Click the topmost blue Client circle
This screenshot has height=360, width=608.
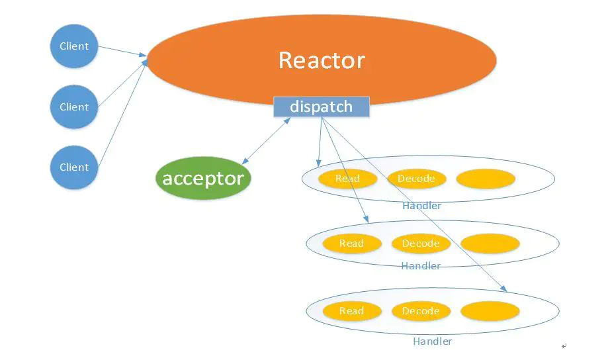pyautogui.click(x=74, y=46)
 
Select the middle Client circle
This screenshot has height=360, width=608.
pyautogui.click(x=74, y=107)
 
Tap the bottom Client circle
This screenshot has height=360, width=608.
pyautogui.click(x=74, y=167)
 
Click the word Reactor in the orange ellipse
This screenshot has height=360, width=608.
pyautogui.click(x=322, y=60)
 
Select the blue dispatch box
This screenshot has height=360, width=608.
pyautogui.click(x=321, y=107)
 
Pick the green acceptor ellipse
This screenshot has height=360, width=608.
pyautogui.click(x=203, y=178)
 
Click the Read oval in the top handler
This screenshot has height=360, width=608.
pyautogui.click(x=347, y=179)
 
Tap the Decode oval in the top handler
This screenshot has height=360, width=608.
pyautogui.click(x=416, y=179)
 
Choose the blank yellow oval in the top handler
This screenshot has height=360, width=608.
pyautogui.click(x=486, y=179)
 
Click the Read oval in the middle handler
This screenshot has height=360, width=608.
pyautogui.click(x=351, y=244)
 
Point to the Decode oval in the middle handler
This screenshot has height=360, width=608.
pyautogui.click(x=421, y=244)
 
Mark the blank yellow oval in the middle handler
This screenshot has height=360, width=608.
pyautogui.click(x=490, y=244)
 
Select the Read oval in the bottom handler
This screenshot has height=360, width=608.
pyautogui.click(x=351, y=311)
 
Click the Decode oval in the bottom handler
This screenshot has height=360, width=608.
pyautogui.click(x=421, y=311)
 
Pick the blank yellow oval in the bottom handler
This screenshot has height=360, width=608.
pyautogui.click(x=490, y=311)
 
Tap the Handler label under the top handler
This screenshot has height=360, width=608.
pyautogui.click(x=421, y=206)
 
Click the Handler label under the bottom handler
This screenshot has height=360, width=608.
pyautogui.click(x=432, y=341)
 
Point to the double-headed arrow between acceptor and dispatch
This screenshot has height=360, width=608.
pyautogui.click(x=266, y=141)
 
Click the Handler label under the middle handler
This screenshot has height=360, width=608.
pyautogui.click(x=421, y=266)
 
